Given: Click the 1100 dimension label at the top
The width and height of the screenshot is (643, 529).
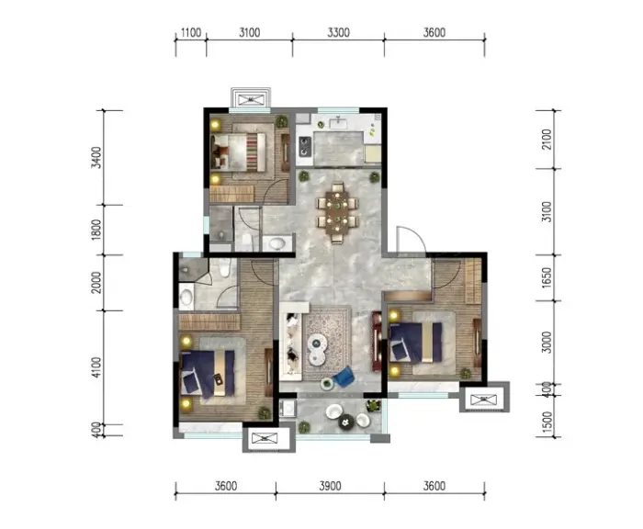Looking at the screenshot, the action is pyautogui.click(x=191, y=32).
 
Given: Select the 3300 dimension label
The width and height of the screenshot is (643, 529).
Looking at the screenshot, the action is pyautogui.click(x=338, y=32).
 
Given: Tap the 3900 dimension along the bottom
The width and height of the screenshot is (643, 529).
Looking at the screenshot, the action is pyautogui.click(x=330, y=486).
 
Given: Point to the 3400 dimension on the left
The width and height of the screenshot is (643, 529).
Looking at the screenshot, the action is pyautogui.click(x=96, y=157).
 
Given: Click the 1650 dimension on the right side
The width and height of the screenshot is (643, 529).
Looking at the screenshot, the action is pyautogui.click(x=547, y=277).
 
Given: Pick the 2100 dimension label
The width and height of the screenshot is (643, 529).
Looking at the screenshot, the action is pyautogui.click(x=547, y=140).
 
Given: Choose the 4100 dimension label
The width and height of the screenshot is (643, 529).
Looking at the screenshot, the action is pyautogui.click(x=96, y=367).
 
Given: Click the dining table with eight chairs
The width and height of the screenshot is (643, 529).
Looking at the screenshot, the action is pyautogui.click(x=337, y=212).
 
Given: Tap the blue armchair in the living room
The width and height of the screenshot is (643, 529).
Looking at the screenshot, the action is pyautogui.click(x=344, y=377).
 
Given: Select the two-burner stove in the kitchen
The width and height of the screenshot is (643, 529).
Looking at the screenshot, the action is pyautogui.click(x=304, y=147).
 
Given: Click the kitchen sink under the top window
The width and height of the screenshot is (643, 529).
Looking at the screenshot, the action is pyautogui.click(x=338, y=123).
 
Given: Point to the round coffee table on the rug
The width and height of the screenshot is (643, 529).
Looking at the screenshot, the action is pyautogui.click(x=317, y=349).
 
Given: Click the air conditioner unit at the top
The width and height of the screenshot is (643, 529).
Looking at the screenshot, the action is pyautogui.click(x=251, y=99).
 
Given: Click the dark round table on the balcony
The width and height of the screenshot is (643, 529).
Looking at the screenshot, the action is pyautogui.click(x=346, y=422).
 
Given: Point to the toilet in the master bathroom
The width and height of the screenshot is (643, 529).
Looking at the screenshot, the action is pyautogui.click(x=225, y=267).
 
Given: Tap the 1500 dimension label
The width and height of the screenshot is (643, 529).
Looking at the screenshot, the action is pyautogui.click(x=547, y=422).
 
